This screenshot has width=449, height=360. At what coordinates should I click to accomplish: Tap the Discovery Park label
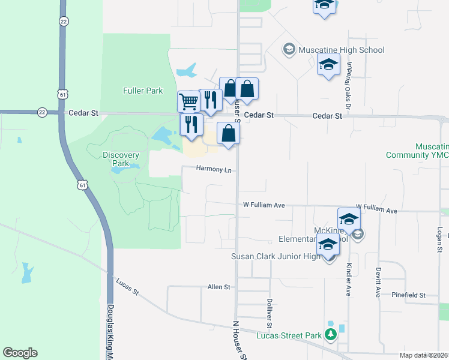tap(121, 159)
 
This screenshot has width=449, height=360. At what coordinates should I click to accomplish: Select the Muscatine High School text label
tap(342, 50)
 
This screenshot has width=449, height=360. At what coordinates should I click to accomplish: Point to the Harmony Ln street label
tap(214, 170)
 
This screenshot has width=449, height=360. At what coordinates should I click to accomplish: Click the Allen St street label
tap(218, 287)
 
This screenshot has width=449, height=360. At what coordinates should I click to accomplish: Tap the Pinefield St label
tap(408, 295)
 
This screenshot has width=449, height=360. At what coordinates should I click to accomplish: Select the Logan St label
tap(440, 239)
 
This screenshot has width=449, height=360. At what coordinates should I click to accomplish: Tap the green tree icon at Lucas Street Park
tap(330, 334)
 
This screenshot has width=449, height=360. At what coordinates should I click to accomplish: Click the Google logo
tap(20, 353)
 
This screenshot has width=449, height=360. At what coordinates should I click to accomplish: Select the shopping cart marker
tap(189, 101)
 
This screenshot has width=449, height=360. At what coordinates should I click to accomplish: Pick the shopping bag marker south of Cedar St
tap(228, 133)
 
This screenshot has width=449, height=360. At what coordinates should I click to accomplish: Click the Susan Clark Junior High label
tap(277, 257)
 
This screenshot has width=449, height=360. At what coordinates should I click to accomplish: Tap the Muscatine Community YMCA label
tap(426, 151)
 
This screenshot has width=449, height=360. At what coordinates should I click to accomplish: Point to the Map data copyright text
tap(424, 355)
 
